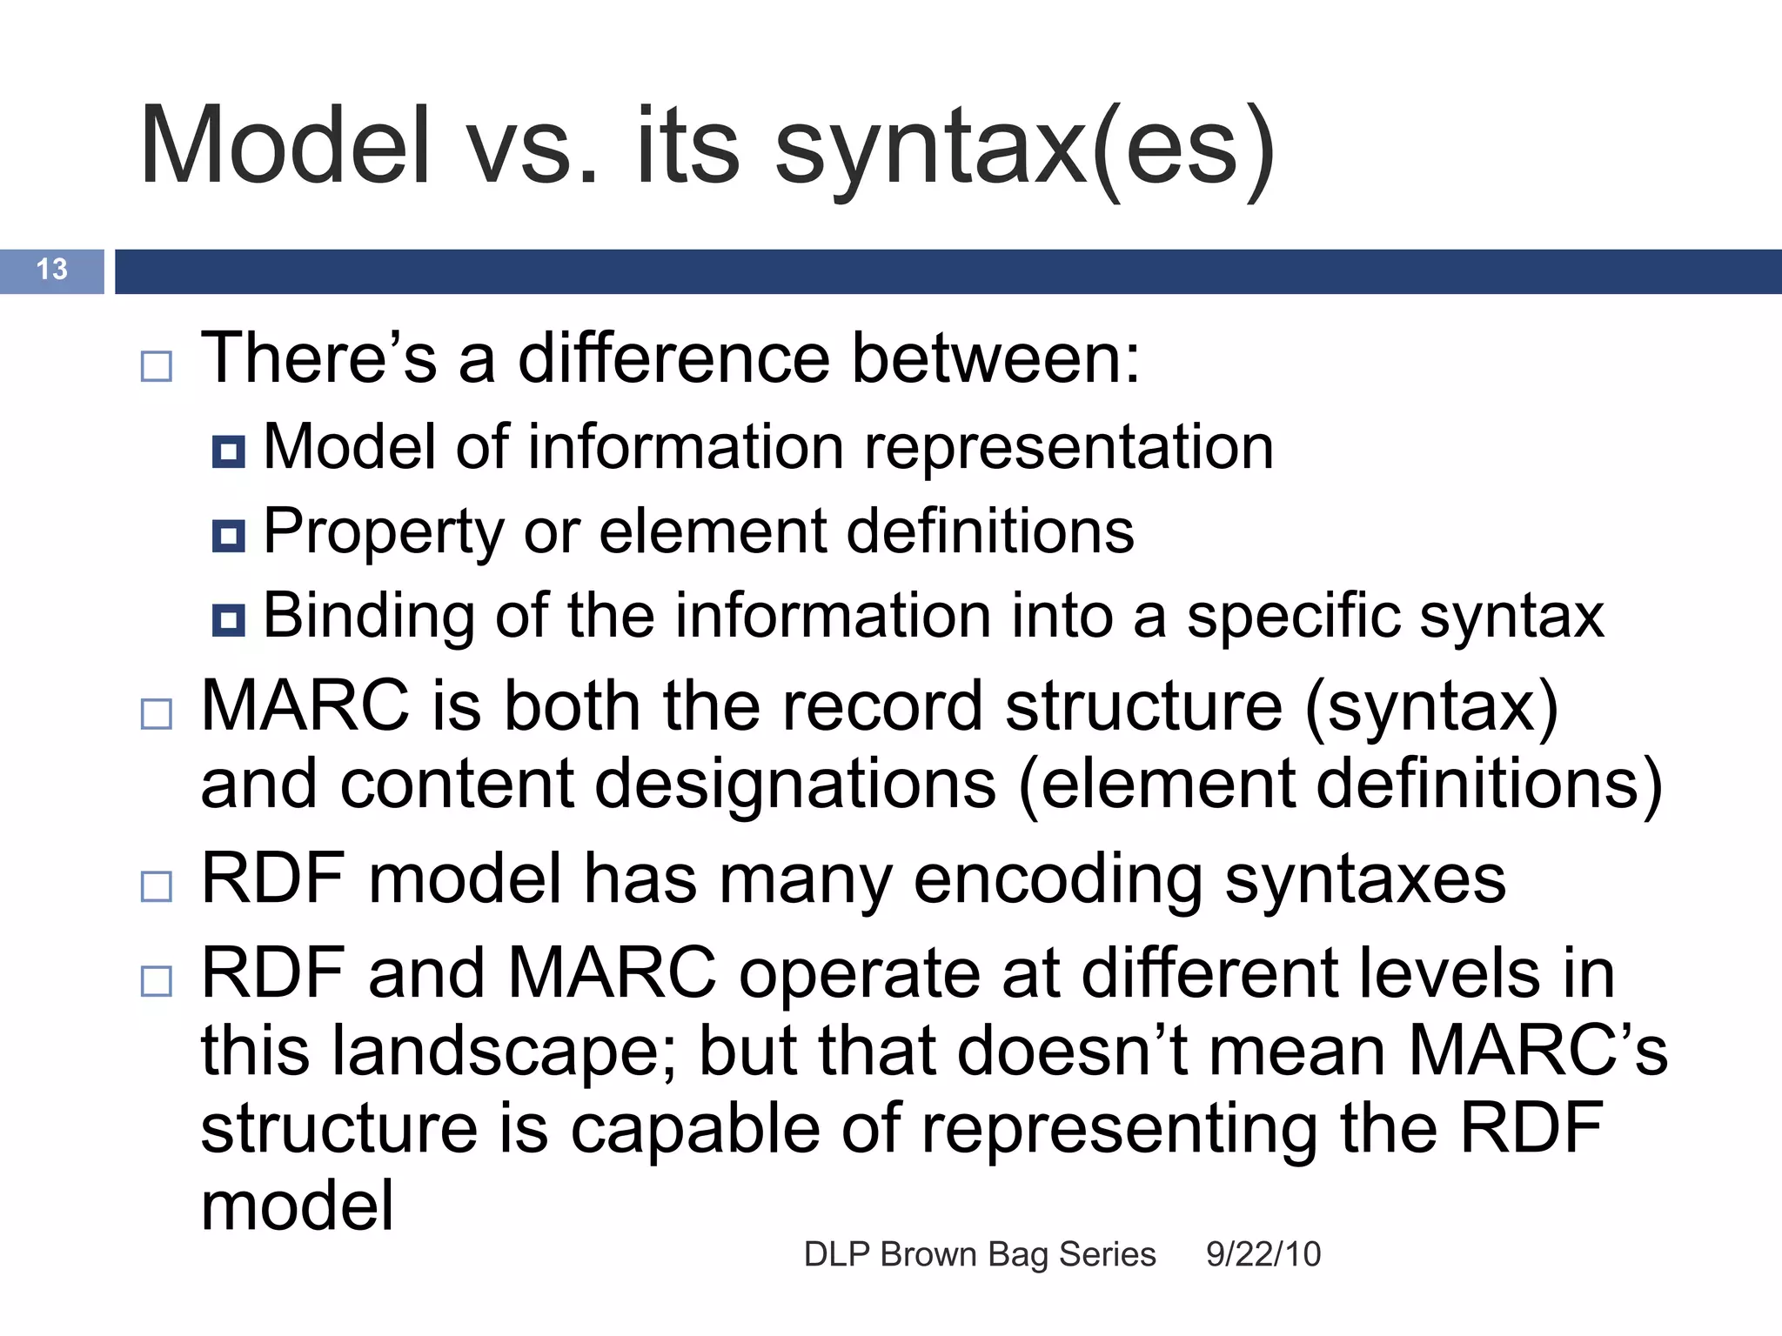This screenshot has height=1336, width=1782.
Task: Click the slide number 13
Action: (51, 270)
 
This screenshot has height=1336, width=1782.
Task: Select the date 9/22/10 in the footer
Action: (1263, 1254)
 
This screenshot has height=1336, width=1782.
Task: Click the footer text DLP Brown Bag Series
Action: (980, 1254)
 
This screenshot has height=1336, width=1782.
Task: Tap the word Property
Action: (383, 532)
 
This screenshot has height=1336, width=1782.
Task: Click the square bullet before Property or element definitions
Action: (229, 536)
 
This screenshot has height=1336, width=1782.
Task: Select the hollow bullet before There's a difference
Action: (157, 366)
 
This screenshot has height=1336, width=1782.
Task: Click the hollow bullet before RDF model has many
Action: (157, 886)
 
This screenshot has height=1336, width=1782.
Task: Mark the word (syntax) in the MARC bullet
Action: (1431, 706)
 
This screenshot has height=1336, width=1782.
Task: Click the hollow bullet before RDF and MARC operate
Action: (157, 981)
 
